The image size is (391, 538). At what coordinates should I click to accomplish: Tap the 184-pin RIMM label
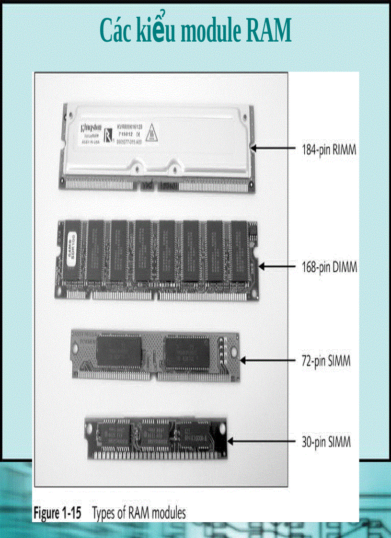point(328,150)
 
